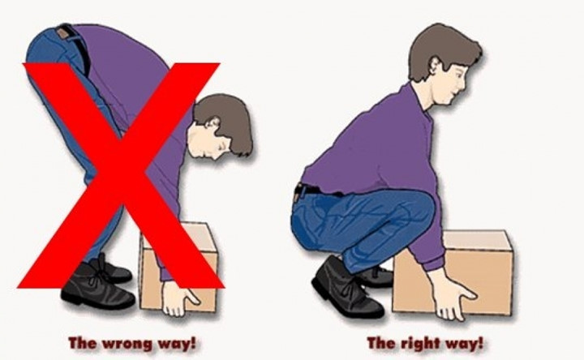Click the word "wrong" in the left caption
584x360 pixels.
pyautogui.click(x=127, y=343)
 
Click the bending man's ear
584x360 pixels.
pyautogui.click(x=213, y=122)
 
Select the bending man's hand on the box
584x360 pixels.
pyautogui.click(x=178, y=297)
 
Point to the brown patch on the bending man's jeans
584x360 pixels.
pyautogui.click(x=63, y=33)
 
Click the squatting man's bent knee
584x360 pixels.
pyautogui.click(x=421, y=208)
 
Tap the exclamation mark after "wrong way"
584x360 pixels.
pyautogui.click(x=192, y=342)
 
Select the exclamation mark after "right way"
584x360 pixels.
pyautogui.click(x=479, y=342)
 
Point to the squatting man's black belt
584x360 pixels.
pyautogui.click(x=316, y=190)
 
